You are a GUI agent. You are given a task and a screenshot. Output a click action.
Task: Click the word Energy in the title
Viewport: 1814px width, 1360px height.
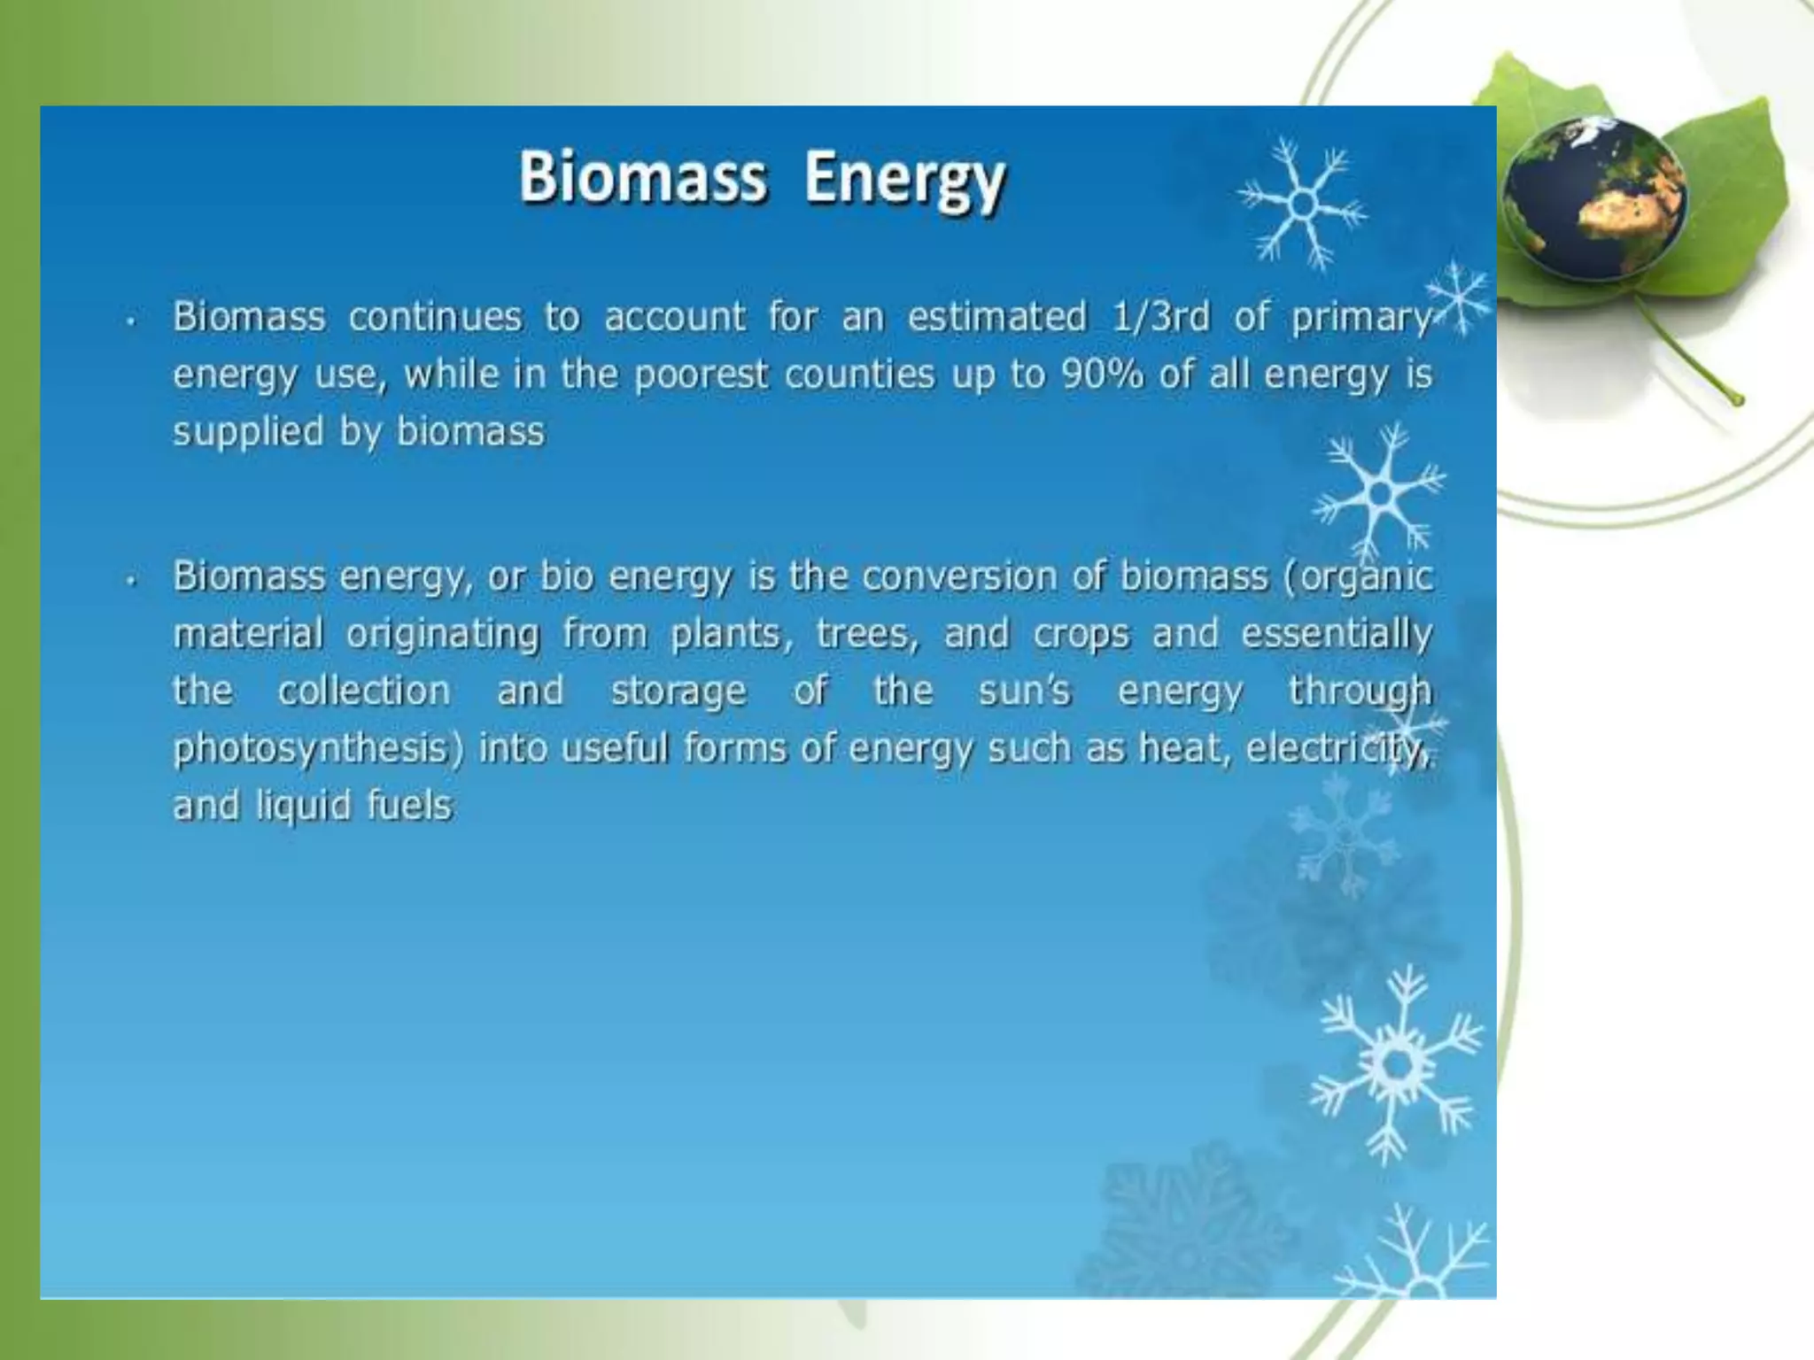[904, 180]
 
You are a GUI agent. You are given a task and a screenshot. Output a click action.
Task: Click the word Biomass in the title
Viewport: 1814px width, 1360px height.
[642, 177]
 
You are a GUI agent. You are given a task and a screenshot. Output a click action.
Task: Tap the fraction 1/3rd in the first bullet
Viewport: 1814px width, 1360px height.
[1160, 317]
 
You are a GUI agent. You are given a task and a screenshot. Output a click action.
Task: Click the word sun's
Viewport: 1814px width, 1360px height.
[1024, 692]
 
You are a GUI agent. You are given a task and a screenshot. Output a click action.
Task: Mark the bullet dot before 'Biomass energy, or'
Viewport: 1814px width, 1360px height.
[131, 581]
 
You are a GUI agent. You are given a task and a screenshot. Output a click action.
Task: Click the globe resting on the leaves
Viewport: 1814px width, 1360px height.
[1594, 199]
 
